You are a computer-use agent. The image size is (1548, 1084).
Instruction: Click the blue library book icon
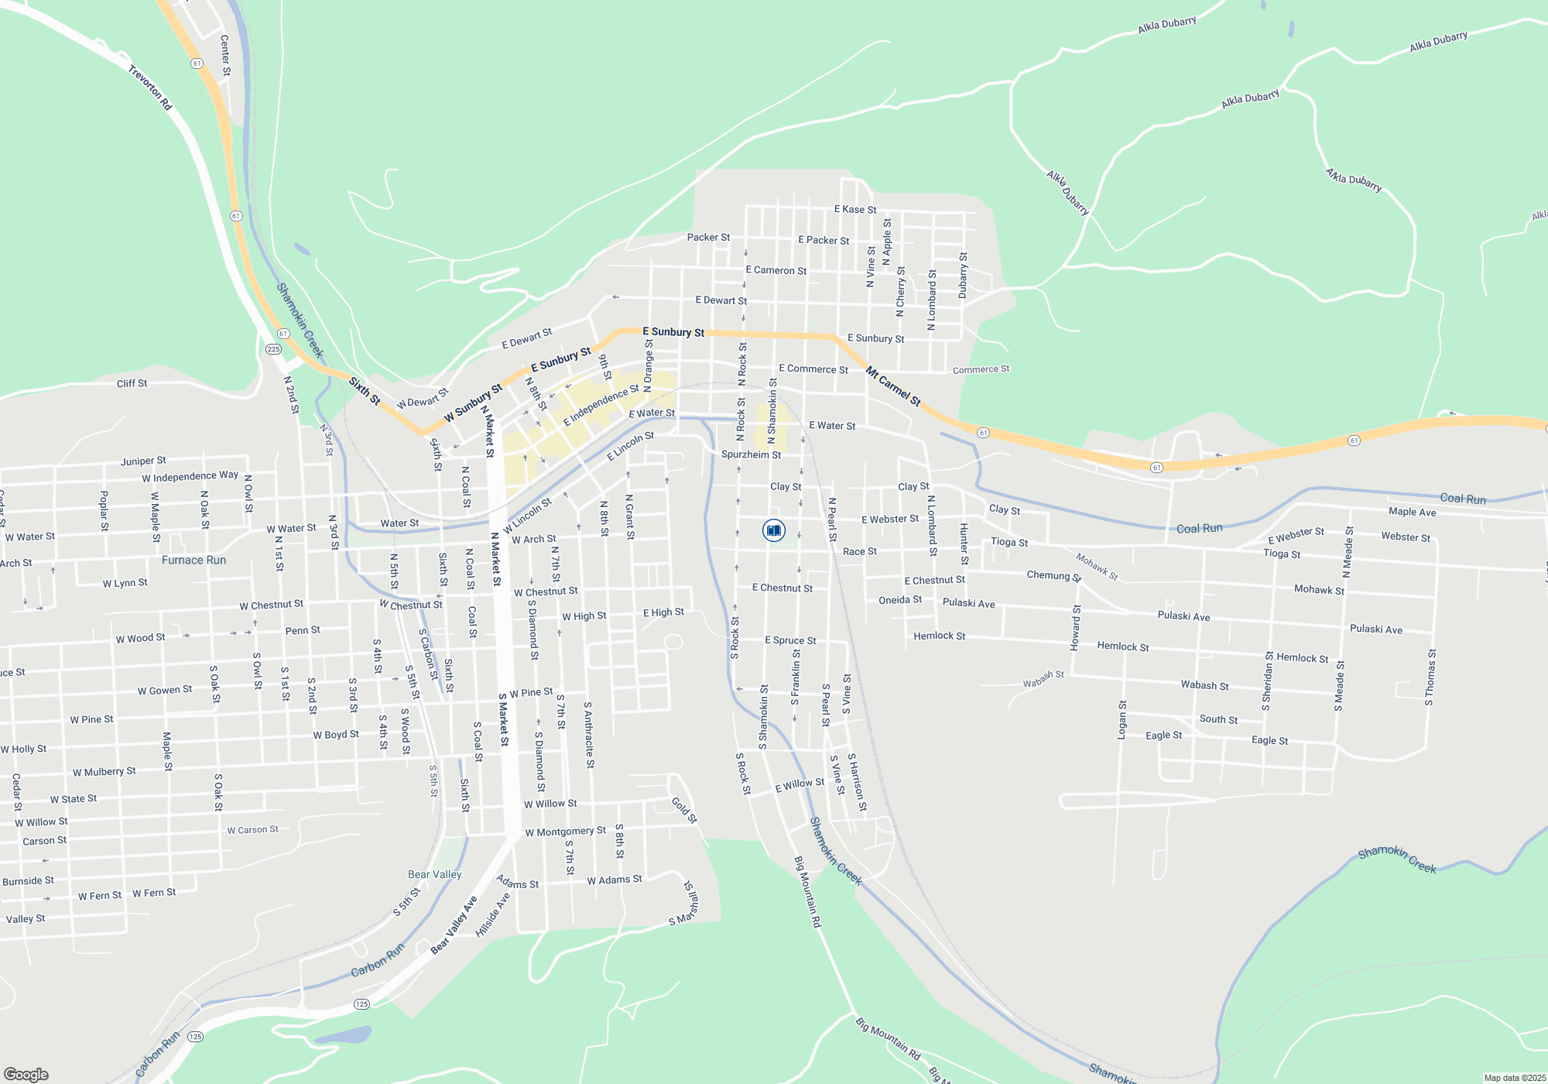[774, 530]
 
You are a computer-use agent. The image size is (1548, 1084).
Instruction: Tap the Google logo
[26, 1075]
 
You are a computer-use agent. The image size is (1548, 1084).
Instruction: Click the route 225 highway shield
[273, 349]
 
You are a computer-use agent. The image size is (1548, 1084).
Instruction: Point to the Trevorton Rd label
[150, 87]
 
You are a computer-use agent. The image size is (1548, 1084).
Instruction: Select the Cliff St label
[132, 383]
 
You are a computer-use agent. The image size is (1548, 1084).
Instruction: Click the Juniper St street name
[143, 461]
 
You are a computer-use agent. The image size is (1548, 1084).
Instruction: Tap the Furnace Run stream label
[193, 560]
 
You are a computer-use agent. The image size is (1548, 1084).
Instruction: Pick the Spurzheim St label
[751, 455]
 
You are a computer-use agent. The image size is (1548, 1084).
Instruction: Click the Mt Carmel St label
[893, 386]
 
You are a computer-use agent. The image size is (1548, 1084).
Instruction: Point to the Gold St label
[684, 809]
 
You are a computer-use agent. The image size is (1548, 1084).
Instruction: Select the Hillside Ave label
[493, 914]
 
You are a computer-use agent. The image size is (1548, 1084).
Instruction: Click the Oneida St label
[900, 599]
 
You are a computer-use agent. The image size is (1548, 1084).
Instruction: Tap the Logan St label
[1122, 720]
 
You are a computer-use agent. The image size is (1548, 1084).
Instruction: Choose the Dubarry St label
[963, 275]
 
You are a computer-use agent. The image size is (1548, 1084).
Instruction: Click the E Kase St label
[855, 209]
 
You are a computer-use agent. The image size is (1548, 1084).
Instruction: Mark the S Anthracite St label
[589, 735]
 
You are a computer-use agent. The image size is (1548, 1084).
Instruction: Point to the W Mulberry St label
[104, 772]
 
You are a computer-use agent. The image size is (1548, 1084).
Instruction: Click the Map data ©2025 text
[1515, 1078]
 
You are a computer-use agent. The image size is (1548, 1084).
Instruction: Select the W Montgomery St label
[565, 832]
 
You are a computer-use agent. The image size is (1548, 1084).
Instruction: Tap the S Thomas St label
[1430, 677]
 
